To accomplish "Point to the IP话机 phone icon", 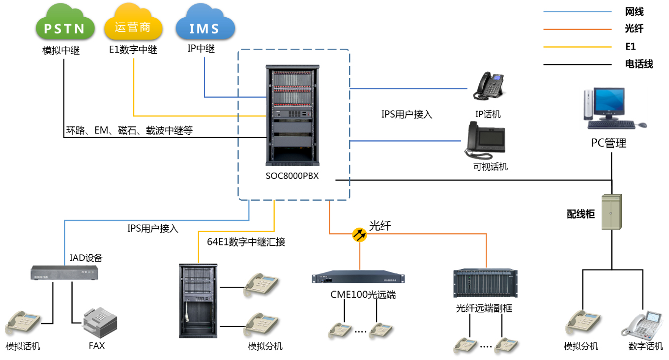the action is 488,88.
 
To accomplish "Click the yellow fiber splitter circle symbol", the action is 360,235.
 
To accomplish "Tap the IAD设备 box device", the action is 64,273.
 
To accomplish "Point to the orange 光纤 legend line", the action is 577,29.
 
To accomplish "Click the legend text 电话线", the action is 639,64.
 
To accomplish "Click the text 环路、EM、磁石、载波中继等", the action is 129,131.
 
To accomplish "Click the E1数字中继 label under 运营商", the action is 133,50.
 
